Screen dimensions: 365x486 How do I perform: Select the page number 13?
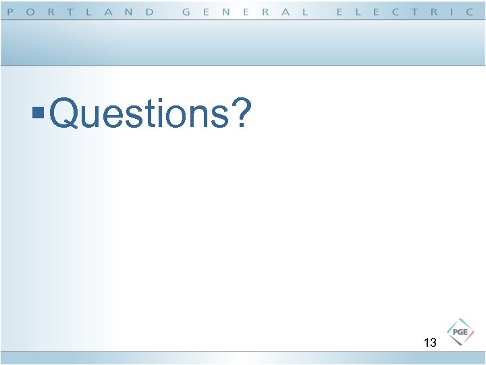pyautogui.click(x=430, y=343)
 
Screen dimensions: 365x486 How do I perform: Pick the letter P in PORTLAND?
pyautogui.click(x=11, y=12)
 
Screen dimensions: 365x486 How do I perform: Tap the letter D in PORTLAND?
pyautogui.click(x=149, y=12)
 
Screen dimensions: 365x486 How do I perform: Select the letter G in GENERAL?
pyautogui.click(x=187, y=12)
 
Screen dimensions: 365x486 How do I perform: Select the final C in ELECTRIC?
pyautogui.click(x=470, y=12)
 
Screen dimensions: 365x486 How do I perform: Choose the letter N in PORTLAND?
pyautogui.click(x=128, y=12)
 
